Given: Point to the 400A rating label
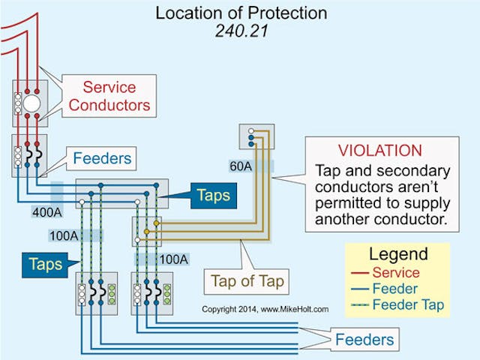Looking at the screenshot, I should pos(46,213).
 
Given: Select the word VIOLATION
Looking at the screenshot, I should pos(379,150).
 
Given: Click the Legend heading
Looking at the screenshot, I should pos(397,253).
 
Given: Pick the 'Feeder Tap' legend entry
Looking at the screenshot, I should pos(407,304).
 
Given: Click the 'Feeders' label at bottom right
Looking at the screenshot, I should pos(364,339).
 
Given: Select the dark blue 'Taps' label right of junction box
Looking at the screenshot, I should pos(213,195).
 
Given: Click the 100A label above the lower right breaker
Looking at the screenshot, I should pos(173,259).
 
